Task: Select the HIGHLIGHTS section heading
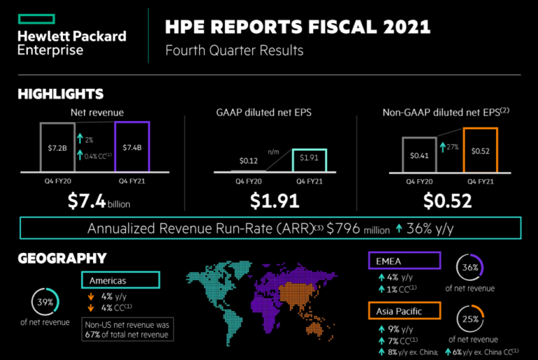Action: pyautogui.click(x=60, y=94)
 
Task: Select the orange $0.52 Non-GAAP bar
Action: pyautogui.click(x=480, y=150)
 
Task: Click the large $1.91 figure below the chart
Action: pyautogui.click(x=275, y=202)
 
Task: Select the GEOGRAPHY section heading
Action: pyautogui.click(x=62, y=258)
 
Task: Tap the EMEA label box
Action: pyautogui.click(x=403, y=261)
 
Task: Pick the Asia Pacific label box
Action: pyautogui.click(x=403, y=310)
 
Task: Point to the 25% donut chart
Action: pyautogui.click(x=469, y=319)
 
